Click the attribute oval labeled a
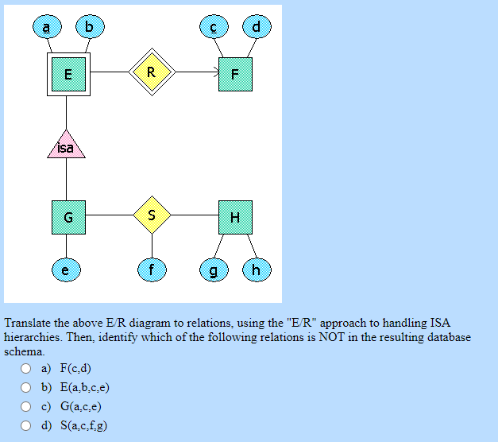(x=46, y=28)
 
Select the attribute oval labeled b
(x=89, y=28)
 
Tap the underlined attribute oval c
(x=213, y=28)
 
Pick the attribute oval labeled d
(x=256, y=28)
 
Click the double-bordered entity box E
(x=68, y=75)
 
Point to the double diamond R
(x=152, y=72)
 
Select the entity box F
(x=234, y=75)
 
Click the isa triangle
(x=66, y=146)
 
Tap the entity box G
(x=68, y=216)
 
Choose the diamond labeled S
(x=152, y=214)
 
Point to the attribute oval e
(x=66, y=270)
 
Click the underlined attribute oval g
(x=213, y=270)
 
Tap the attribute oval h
(x=256, y=270)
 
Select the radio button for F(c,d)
(x=26, y=368)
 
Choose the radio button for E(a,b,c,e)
(x=26, y=387)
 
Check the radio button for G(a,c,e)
(x=26, y=406)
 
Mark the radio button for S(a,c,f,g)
(x=26, y=425)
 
